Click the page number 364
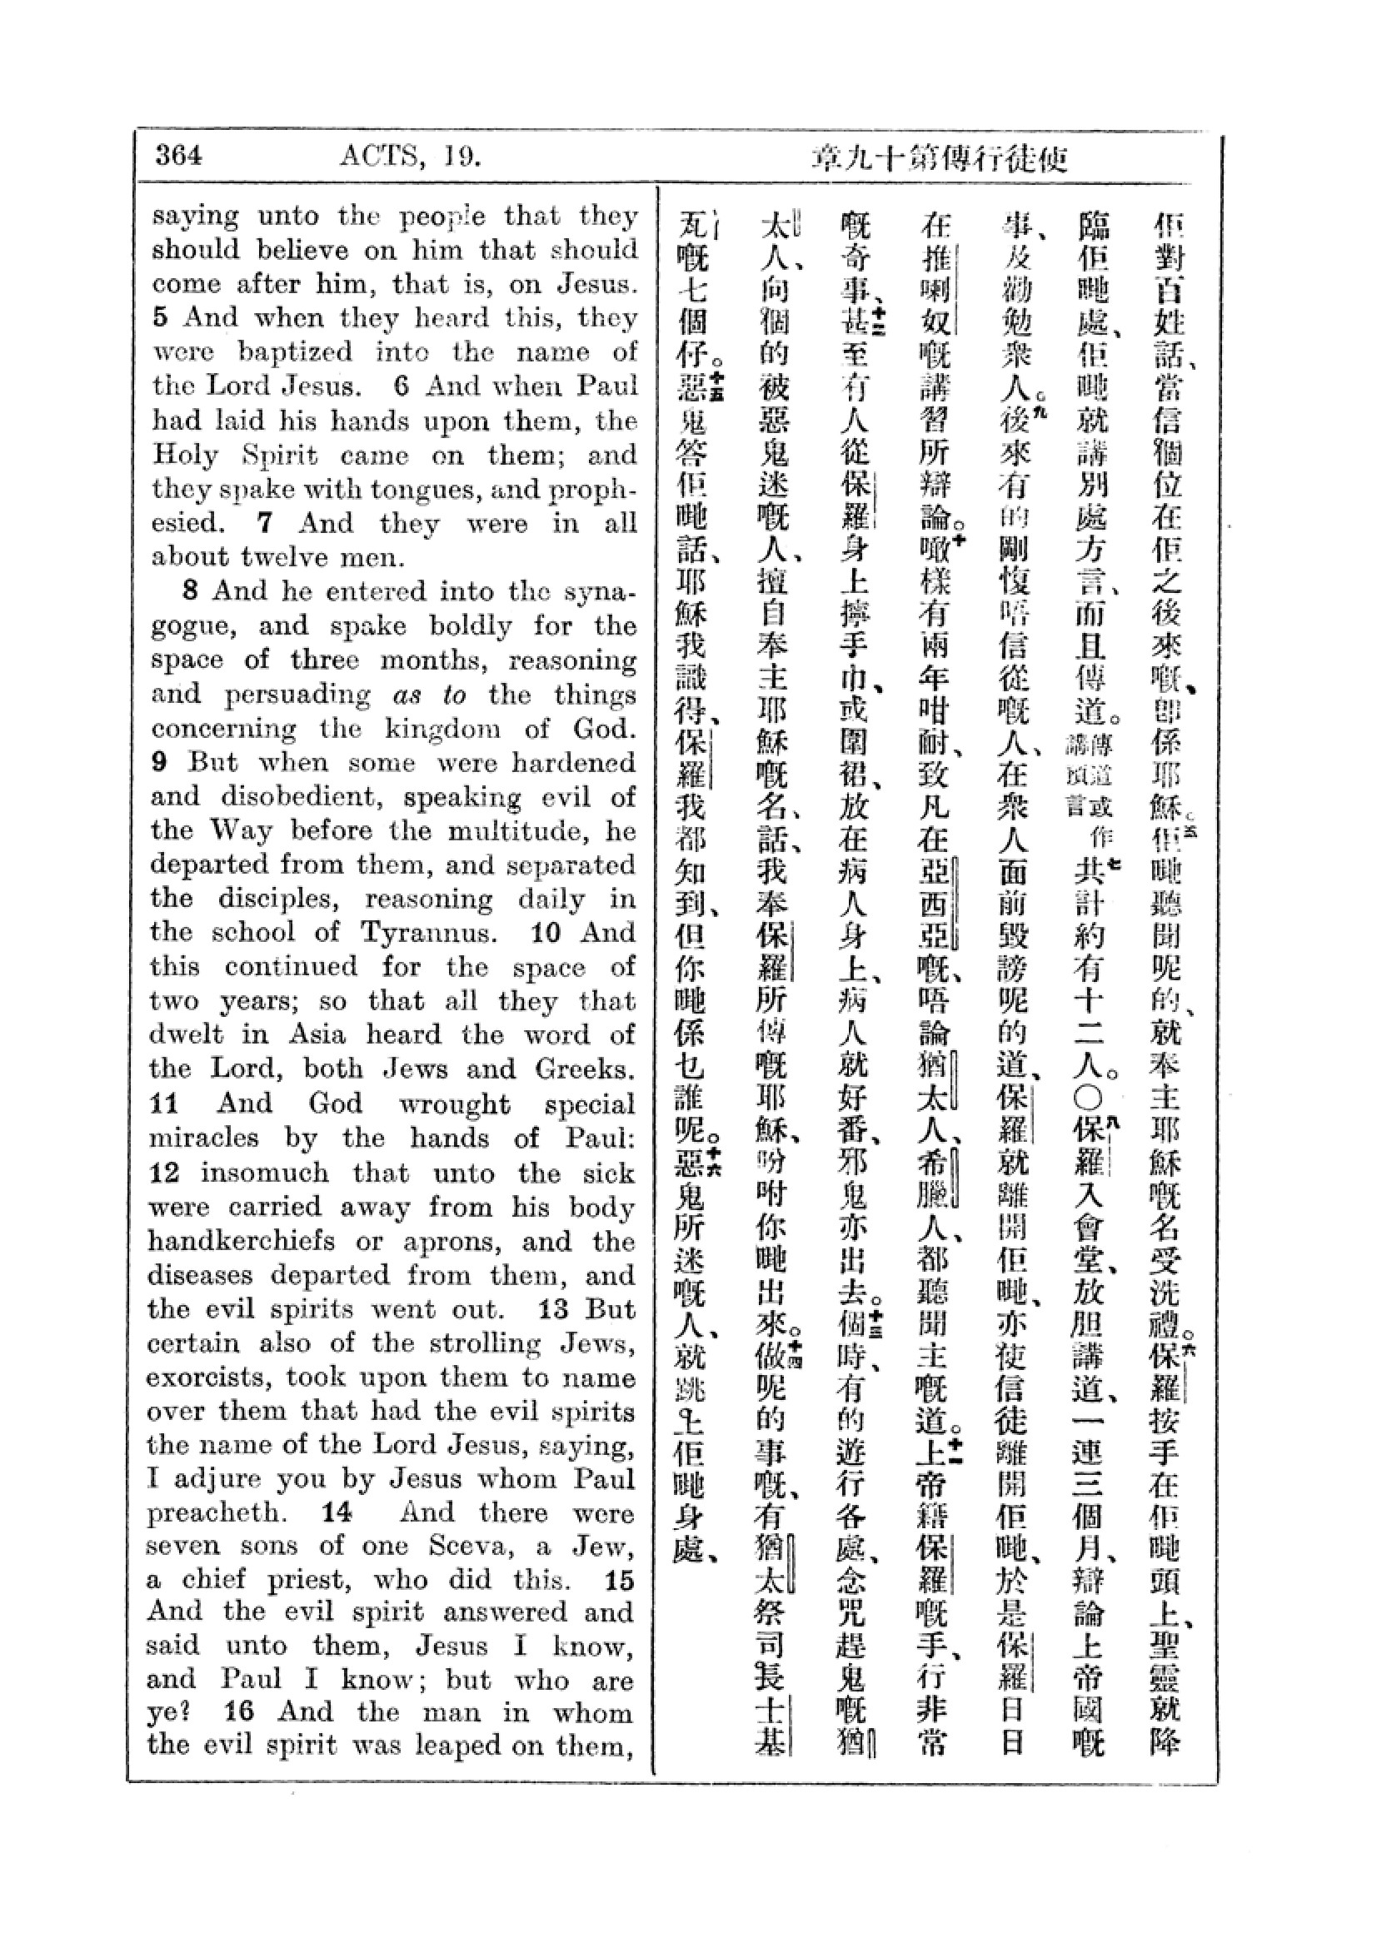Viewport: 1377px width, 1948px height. point(179,156)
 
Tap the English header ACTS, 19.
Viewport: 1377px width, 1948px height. point(411,156)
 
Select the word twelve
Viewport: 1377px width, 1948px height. point(286,557)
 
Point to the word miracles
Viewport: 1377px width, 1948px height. point(208,1138)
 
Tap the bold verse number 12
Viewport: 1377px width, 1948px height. point(165,1173)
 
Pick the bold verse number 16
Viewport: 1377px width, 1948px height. point(239,1711)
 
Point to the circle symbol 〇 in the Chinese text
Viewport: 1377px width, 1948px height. point(1089,1098)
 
